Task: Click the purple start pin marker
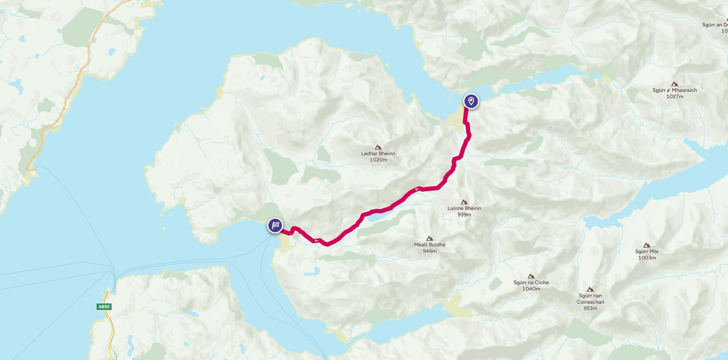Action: click(471, 101)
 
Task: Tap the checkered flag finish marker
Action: click(275, 226)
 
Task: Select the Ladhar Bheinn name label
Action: click(378, 154)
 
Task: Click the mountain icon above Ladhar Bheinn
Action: click(378, 147)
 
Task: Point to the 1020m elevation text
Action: click(378, 159)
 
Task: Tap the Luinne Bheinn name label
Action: click(464, 208)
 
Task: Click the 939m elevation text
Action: click(464, 214)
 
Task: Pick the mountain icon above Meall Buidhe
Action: click(429, 238)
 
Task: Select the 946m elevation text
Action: click(430, 251)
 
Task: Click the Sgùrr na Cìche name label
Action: click(531, 282)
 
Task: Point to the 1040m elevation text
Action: click(531, 289)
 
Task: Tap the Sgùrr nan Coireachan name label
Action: click(590, 299)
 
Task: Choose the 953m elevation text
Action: click(590, 308)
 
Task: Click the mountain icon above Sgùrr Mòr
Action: click(647, 245)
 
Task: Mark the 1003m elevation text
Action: click(647, 258)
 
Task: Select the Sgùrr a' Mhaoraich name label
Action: click(675, 90)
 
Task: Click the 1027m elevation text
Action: click(675, 96)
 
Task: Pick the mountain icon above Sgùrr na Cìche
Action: click(531, 276)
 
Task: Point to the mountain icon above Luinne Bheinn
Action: click(464, 202)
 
